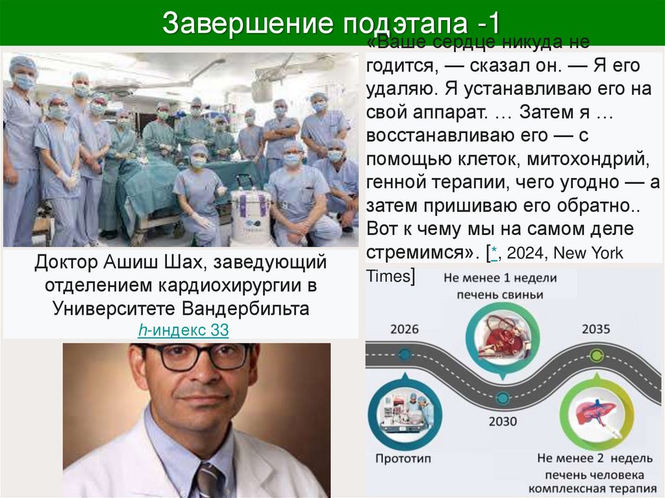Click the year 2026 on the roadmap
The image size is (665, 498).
405,329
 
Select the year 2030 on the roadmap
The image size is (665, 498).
503,421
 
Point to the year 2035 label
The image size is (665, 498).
596,329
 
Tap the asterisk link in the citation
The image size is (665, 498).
494,254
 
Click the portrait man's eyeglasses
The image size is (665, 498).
197,357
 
